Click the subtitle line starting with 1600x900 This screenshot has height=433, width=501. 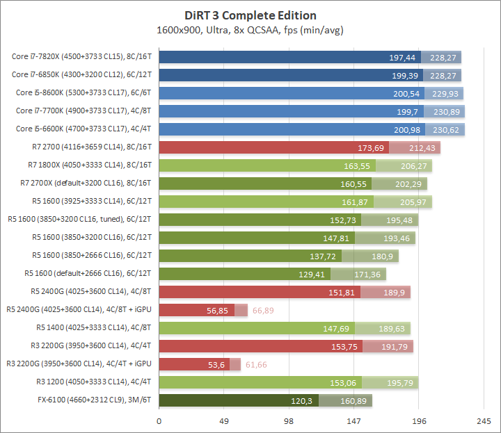point(250,31)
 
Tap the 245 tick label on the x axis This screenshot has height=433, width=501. point(484,421)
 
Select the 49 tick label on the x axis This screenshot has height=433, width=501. point(224,421)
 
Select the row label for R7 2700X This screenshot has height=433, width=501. point(86,183)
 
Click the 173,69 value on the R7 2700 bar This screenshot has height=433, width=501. point(370,147)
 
